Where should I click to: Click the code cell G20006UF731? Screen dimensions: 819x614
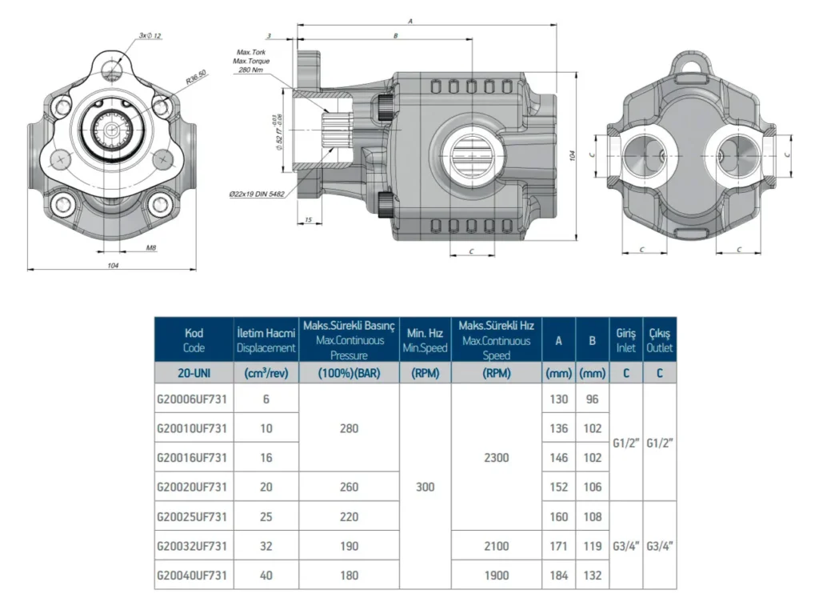coord(192,399)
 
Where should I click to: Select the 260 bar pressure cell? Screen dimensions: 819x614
coord(349,488)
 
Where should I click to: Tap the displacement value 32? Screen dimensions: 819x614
coord(266,546)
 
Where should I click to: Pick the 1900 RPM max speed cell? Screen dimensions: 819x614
coord(496,576)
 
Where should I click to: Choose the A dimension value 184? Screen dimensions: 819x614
coord(558,576)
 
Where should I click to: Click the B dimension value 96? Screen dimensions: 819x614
coord(593,399)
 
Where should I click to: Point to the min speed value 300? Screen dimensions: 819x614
coord(425,488)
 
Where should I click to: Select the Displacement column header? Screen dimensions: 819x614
coord(266,340)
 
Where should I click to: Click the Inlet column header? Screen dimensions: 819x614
coord(625,340)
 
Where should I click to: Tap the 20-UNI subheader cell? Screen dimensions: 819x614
coord(194,373)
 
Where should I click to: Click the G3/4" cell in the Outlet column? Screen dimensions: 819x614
coord(660,546)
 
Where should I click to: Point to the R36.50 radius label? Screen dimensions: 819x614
coord(197,77)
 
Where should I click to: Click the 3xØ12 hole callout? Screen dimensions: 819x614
coord(150,35)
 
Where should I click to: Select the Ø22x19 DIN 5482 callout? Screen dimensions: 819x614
coord(257,194)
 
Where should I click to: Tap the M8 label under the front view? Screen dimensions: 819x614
coord(151,248)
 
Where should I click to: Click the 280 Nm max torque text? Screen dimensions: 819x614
coord(250,70)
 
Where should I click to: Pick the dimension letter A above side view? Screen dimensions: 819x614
coord(410,22)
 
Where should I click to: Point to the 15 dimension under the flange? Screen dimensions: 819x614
coord(308,220)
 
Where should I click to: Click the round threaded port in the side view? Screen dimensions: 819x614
coord(472,154)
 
